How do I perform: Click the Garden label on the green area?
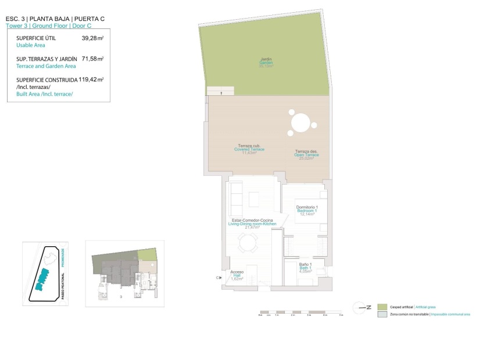click(266, 63)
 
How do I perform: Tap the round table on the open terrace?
click(300, 123)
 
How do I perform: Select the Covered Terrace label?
click(249, 149)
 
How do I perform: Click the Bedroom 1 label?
click(307, 211)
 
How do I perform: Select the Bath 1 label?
click(305, 268)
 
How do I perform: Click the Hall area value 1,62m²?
click(237, 279)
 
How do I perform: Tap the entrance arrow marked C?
click(219, 278)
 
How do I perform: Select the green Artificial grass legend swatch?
click(382, 307)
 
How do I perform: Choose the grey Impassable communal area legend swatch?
click(382, 314)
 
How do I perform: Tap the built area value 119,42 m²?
click(91, 80)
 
